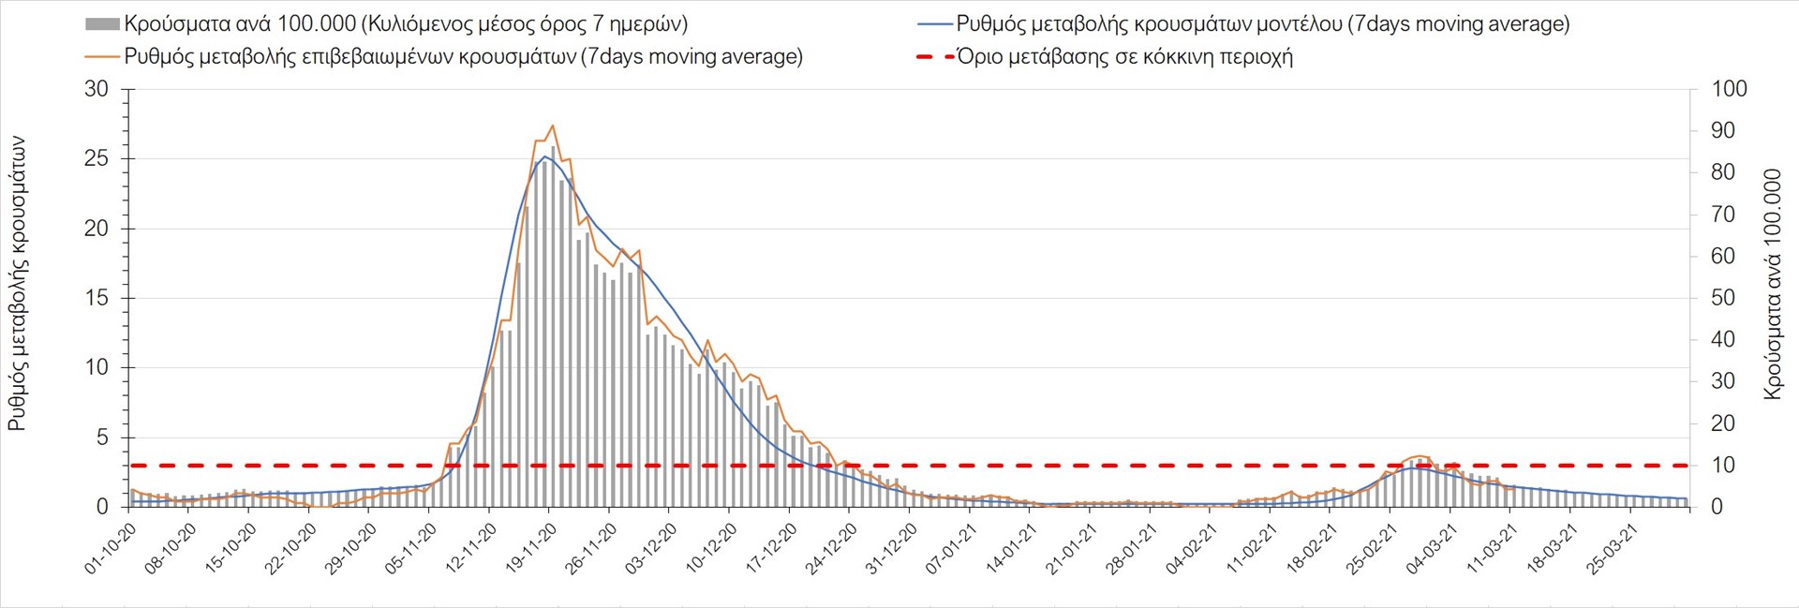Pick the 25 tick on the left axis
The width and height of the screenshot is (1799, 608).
pyautogui.click(x=97, y=159)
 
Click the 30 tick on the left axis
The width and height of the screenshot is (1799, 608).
pyautogui.click(x=97, y=90)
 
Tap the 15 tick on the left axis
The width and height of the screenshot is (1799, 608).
pyautogui.click(x=97, y=298)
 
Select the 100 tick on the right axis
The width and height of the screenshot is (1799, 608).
pyautogui.click(x=1729, y=90)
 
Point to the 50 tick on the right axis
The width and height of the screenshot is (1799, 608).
pyautogui.click(x=1723, y=298)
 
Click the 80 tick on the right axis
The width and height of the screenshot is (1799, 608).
pyautogui.click(x=1723, y=173)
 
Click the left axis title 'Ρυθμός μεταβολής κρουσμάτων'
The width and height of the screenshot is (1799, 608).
pyautogui.click(x=17, y=284)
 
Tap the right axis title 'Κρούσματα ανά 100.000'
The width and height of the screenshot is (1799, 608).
pyautogui.click(x=1772, y=284)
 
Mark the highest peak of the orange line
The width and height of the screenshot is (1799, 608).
pyautogui.click(x=553, y=126)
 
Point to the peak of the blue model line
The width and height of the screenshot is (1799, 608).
pyautogui.click(x=545, y=156)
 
